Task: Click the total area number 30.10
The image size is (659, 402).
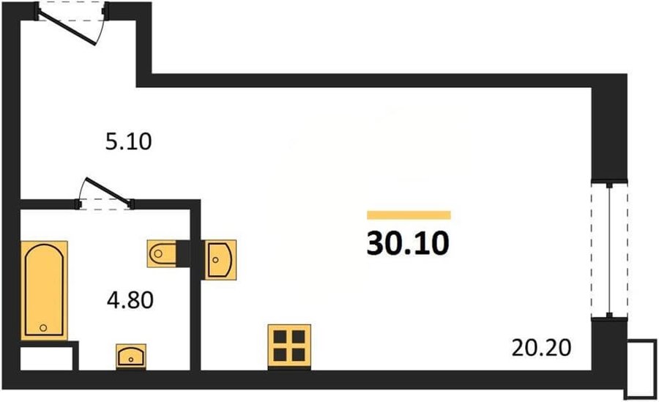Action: click(x=408, y=244)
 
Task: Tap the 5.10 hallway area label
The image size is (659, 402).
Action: click(x=128, y=142)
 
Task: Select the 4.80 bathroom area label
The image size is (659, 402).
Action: click(x=130, y=300)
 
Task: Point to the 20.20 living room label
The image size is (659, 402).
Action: click(x=541, y=348)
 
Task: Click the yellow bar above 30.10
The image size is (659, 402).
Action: click(x=409, y=215)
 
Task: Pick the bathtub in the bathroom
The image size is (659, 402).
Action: click(x=44, y=290)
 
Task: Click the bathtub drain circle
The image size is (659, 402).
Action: click(x=43, y=327)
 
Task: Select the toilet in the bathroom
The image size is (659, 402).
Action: click(x=161, y=253)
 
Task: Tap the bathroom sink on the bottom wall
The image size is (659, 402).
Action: click(x=131, y=357)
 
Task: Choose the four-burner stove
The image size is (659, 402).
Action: click(x=289, y=347)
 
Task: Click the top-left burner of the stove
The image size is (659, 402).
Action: click(x=280, y=337)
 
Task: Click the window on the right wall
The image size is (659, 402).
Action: click(x=609, y=250)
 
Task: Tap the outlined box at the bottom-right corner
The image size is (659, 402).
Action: click(x=641, y=368)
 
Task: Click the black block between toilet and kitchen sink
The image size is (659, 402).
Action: click(x=183, y=253)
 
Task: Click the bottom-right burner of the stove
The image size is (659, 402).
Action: click(x=299, y=355)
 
